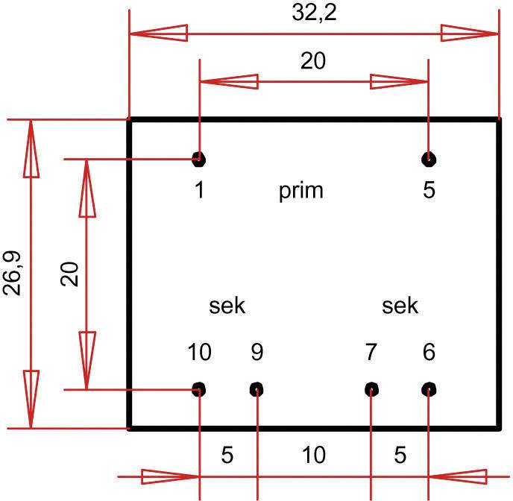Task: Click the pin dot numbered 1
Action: (x=198, y=158)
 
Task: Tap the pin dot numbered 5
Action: (x=428, y=158)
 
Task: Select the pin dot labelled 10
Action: (x=199, y=388)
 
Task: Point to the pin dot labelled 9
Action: (x=256, y=388)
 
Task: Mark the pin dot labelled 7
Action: (x=371, y=388)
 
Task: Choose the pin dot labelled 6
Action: (x=429, y=388)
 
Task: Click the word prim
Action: (x=301, y=191)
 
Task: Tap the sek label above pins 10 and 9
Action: (x=227, y=306)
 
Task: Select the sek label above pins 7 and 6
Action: (x=400, y=306)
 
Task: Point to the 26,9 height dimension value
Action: (x=14, y=274)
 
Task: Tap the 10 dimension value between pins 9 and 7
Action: (x=314, y=454)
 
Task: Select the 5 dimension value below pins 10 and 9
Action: (x=228, y=454)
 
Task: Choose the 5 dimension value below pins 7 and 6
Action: (x=400, y=454)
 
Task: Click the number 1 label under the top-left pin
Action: (x=199, y=190)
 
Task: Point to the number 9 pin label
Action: (x=256, y=351)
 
